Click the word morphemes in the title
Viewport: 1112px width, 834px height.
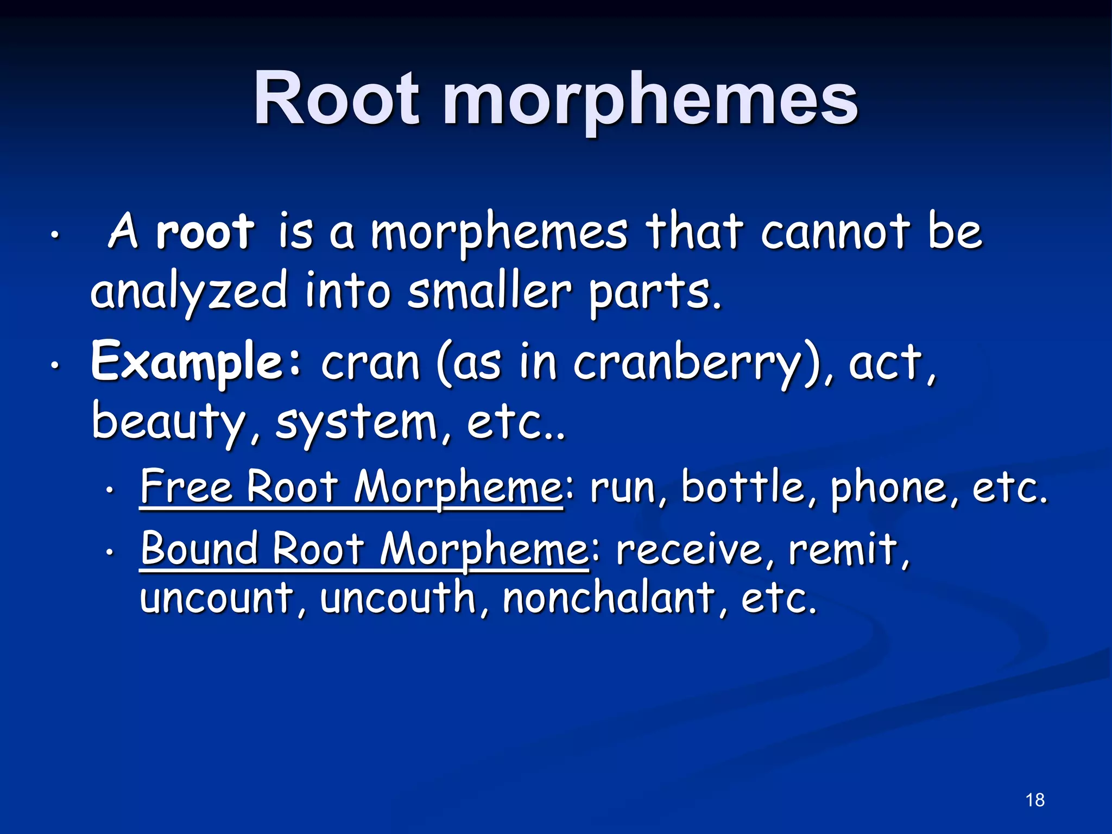[x=650, y=100]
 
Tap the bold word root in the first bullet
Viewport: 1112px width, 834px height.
[x=205, y=232]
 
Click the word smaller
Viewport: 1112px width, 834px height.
[x=490, y=292]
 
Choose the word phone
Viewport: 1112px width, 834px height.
[x=889, y=488]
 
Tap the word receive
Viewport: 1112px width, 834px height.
[x=689, y=548]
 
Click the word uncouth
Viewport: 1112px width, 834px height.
[x=397, y=597]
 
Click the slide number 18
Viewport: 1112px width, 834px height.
[x=1035, y=800]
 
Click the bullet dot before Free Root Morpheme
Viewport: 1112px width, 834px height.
[x=110, y=490]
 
